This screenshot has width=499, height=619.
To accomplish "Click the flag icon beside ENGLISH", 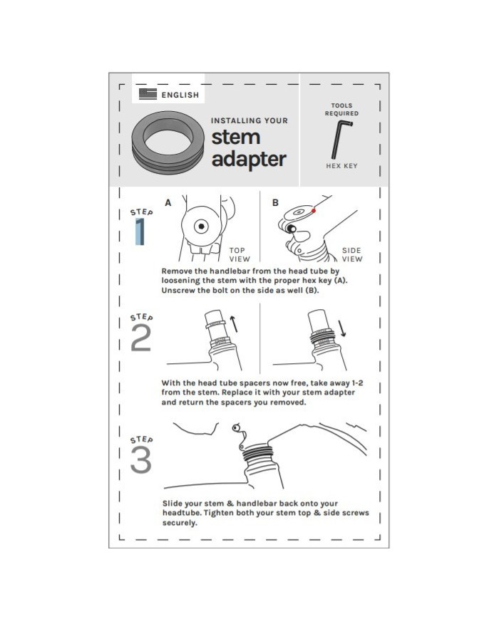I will pos(148,94).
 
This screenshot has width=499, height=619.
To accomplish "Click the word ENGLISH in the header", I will pos(180,95).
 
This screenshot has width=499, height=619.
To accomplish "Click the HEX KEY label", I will pos(341,166).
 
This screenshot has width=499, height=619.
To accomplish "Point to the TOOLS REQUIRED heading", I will pos(341,110).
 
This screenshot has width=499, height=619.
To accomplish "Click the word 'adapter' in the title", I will pos(248,158).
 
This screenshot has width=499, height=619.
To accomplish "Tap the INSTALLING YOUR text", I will pos(249,120).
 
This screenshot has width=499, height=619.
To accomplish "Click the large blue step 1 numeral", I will pos(140,232).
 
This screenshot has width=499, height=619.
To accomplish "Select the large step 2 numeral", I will pos(140,339).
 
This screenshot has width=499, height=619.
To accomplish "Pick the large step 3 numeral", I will pos(140,460).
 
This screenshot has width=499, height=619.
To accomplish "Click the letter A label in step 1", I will pos(168,203).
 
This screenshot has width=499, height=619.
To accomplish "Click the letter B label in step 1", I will pos(275,203).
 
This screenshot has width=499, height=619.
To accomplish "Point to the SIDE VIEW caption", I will pos(352,255).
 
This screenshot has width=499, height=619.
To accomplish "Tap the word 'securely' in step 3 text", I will pos(179,523).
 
